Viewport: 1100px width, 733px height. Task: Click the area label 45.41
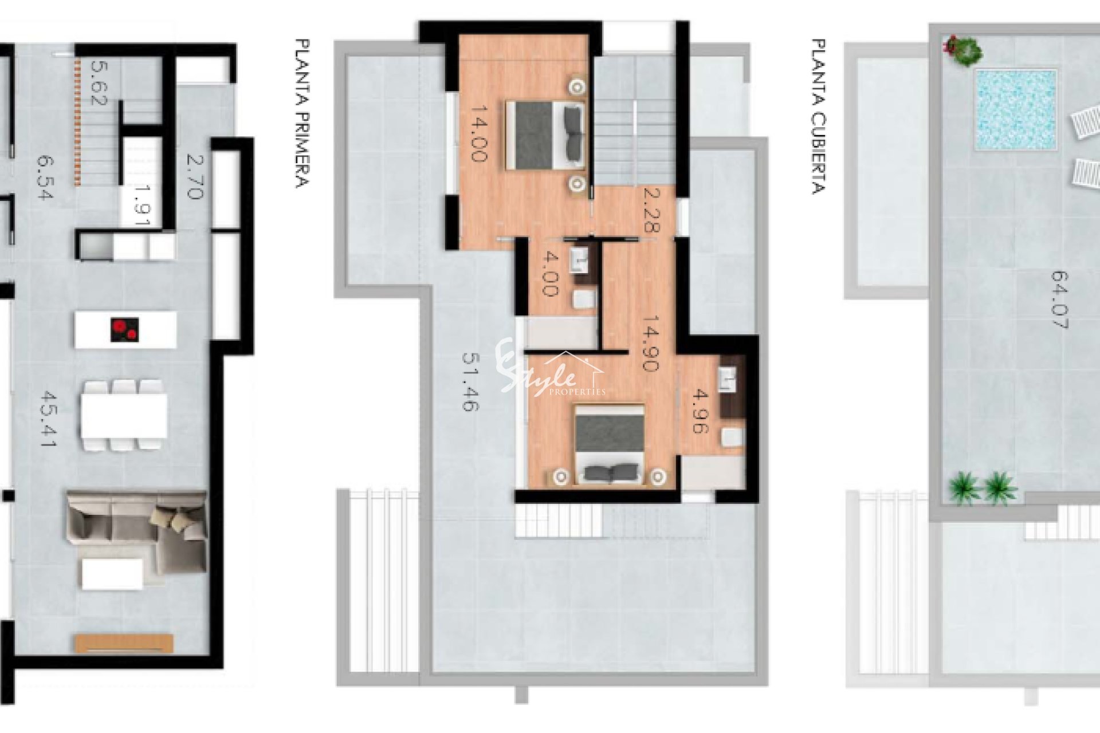pyautogui.click(x=48, y=419)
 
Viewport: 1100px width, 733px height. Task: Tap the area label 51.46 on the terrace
pyautogui.click(x=470, y=381)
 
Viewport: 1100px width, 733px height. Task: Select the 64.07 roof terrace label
pyautogui.click(x=1060, y=299)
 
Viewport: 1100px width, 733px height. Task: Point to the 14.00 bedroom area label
pyautogui.click(x=479, y=133)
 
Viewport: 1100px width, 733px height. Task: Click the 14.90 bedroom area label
pyautogui.click(x=651, y=343)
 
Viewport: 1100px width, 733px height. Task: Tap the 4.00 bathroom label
pyautogui.click(x=549, y=274)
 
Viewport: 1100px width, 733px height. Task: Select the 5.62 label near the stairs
pyautogui.click(x=99, y=83)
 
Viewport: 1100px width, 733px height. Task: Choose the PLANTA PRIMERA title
pyautogui.click(x=302, y=113)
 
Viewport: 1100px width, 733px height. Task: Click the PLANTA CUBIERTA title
pyautogui.click(x=819, y=117)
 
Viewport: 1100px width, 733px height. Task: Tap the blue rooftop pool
pyautogui.click(x=1016, y=110)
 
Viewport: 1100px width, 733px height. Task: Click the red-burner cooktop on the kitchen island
pyautogui.click(x=125, y=330)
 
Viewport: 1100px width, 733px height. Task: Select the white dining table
pyautogui.click(x=124, y=415)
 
